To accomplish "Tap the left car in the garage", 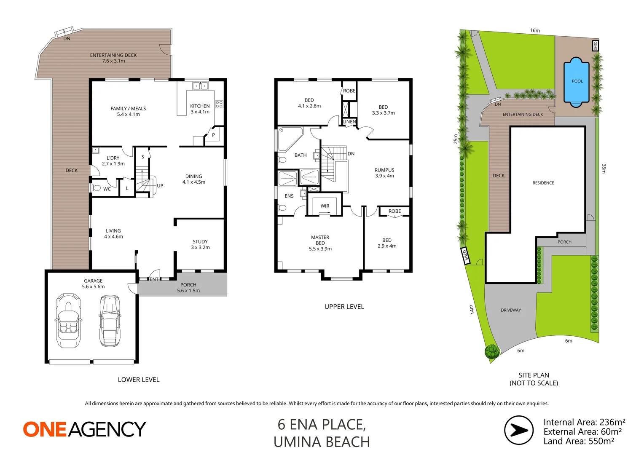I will click(68, 321).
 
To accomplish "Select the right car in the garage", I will click(109, 321).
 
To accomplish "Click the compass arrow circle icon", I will click(519, 430).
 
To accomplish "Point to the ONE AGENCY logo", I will click(84, 430).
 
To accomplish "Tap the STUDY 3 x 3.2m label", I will click(200, 244).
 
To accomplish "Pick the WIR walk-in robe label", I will click(325, 206).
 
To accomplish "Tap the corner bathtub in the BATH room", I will click(289, 139).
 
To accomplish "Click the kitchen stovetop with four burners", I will click(219, 104).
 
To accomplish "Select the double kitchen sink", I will click(200, 86).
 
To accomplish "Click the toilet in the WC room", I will click(96, 188).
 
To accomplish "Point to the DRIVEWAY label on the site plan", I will click(511, 310).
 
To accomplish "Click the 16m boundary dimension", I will click(535, 30).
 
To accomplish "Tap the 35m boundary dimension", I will click(604, 169).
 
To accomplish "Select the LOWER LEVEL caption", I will click(139, 380).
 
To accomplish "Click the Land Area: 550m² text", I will click(579, 441).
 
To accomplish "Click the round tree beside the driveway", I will click(492, 351).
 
